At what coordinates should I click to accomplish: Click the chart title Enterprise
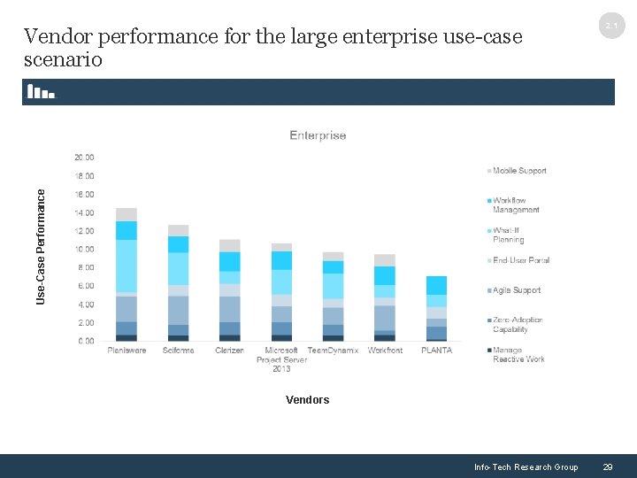pyautogui.click(x=318, y=135)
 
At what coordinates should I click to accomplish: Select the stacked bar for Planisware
pyautogui.click(x=127, y=274)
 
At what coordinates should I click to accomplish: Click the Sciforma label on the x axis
pyautogui.click(x=178, y=351)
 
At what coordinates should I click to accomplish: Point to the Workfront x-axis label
pyautogui.click(x=385, y=351)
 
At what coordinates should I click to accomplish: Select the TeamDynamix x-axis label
pyautogui.click(x=333, y=351)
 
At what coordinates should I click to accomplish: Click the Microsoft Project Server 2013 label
pyautogui.click(x=281, y=358)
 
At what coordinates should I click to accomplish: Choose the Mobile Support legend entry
pyautogui.click(x=519, y=171)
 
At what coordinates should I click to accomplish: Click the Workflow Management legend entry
pyautogui.click(x=516, y=205)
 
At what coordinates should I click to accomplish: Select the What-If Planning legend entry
pyautogui.click(x=509, y=235)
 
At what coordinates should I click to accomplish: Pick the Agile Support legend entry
pyautogui.click(x=517, y=290)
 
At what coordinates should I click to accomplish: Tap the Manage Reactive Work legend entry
pyautogui.click(x=518, y=354)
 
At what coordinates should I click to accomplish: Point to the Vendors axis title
pyautogui.click(x=307, y=400)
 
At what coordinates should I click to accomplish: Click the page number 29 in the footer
pyautogui.click(x=607, y=467)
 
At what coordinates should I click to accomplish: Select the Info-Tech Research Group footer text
pyautogui.click(x=526, y=467)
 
